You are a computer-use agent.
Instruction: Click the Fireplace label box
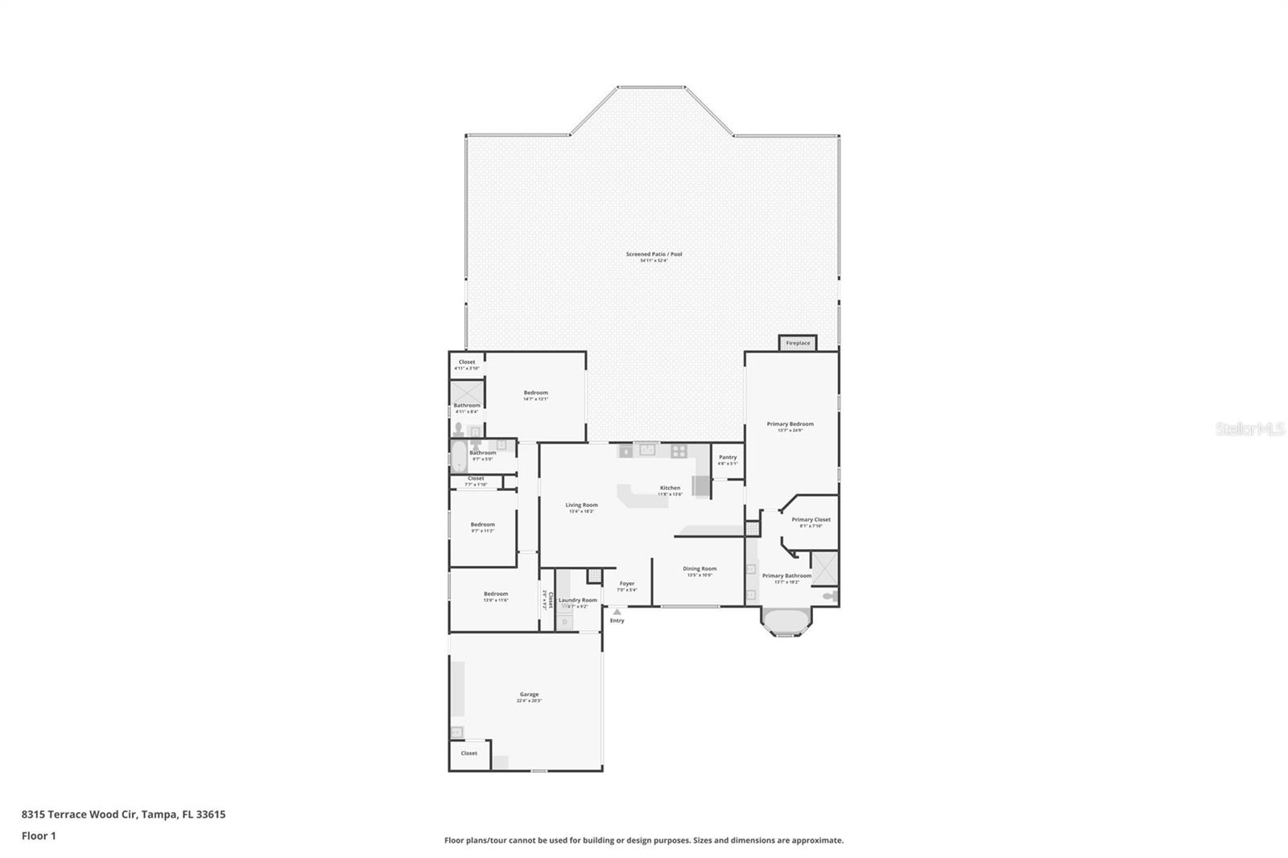[798, 343]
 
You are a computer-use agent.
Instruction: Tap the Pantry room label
[728, 457]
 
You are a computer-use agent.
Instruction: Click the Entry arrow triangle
[617, 612]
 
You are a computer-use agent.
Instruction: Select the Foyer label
[627, 584]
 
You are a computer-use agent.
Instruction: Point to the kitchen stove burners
[679, 451]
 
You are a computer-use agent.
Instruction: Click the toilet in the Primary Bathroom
[831, 596]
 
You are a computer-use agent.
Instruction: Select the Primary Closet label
[811, 519]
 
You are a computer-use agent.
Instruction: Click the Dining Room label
[700, 568]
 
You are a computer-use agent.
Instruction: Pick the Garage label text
[529, 694]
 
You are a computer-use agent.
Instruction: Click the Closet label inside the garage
[469, 753]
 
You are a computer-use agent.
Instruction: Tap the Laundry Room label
[578, 600]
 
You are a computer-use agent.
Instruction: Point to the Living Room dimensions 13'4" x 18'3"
[581, 512]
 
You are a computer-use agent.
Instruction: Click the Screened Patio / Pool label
[654, 254]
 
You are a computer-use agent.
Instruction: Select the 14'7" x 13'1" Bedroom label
[535, 393]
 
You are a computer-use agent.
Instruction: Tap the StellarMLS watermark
[1249, 430]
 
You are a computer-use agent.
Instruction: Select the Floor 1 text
[39, 835]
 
